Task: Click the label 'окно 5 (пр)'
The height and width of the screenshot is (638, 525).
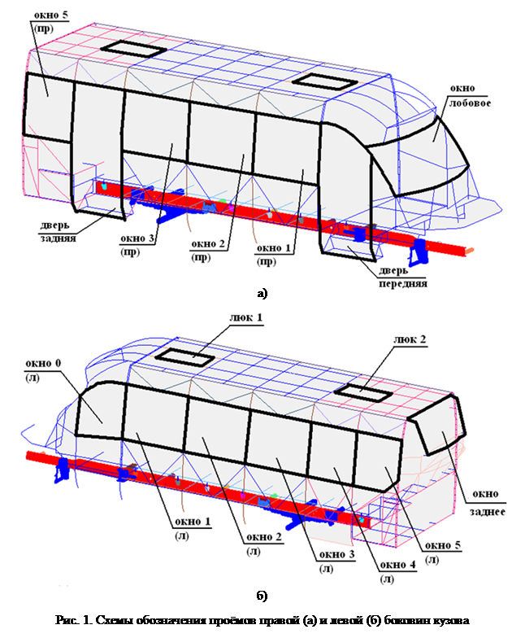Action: [x=50, y=21]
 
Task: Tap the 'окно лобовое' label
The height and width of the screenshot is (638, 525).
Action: [x=470, y=96]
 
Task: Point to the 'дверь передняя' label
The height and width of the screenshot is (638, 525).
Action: [x=403, y=277]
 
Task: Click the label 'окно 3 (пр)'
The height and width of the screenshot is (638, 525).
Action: [x=137, y=245]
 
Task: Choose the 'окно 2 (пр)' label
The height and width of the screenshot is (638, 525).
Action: [x=208, y=251]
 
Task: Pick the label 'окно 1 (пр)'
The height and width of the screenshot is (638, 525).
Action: [x=274, y=255]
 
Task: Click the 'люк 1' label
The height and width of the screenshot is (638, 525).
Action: [x=245, y=317]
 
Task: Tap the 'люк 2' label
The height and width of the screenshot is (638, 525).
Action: [x=410, y=339]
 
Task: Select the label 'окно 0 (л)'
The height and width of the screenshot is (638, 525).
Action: [x=42, y=369]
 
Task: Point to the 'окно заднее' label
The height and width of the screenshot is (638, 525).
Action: [x=487, y=503]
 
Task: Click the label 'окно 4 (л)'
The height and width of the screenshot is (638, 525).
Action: [x=398, y=571]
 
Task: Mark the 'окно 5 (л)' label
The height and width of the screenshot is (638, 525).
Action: [x=442, y=553]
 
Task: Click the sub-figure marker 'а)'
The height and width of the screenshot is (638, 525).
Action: [x=262, y=293]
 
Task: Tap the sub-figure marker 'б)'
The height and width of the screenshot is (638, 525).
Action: [x=262, y=596]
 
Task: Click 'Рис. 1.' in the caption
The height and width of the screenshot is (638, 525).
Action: [x=73, y=620]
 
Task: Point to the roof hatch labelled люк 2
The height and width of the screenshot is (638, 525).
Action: [x=364, y=392]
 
